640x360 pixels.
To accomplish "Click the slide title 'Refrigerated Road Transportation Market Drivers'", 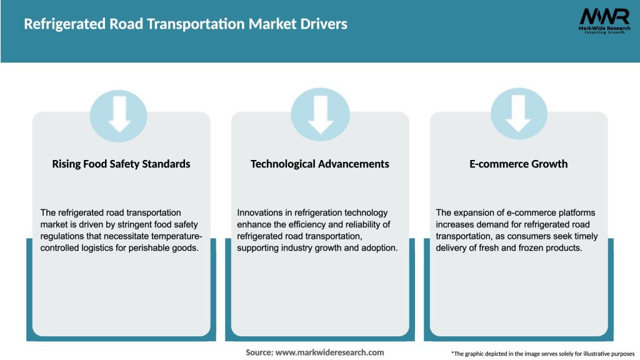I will tap(185, 24).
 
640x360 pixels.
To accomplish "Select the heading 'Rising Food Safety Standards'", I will tap(121, 164).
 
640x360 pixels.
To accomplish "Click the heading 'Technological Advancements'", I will tap(320, 164).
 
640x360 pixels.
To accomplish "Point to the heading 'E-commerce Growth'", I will tap(519, 164).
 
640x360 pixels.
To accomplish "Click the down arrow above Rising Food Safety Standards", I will tap(119, 113).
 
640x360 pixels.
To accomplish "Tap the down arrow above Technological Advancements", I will tap(320, 113).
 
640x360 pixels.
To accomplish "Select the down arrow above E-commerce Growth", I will tap(518, 113).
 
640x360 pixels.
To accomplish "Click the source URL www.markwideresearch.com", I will tap(330, 352).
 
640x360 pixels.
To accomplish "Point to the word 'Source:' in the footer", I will tap(259, 352).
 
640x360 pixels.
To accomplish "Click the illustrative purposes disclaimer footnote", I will tap(542, 354).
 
